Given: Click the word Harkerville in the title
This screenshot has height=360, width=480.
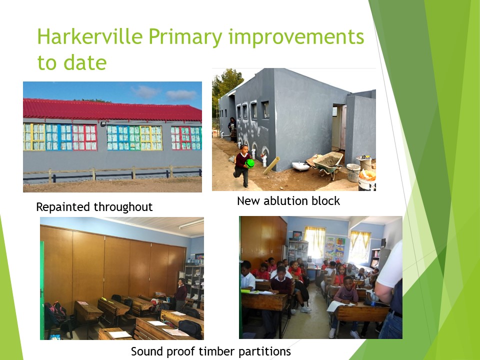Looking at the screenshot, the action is [x=90, y=36].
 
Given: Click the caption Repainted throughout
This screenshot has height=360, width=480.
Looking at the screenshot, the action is [x=94, y=207].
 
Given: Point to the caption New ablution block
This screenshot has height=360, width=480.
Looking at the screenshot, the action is [x=288, y=201].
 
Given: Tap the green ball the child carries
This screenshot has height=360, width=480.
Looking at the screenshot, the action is [x=250, y=163].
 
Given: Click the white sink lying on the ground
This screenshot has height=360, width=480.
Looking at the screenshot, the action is [x=300, y=166].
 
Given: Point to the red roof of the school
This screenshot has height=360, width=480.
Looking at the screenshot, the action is [x=112, y=110].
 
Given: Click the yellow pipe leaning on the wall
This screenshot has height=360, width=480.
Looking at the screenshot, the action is [x=271, y=165].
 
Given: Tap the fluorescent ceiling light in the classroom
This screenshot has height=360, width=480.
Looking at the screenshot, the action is [x=191, y=224].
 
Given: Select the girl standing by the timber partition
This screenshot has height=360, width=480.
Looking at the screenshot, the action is [x=180, y=294].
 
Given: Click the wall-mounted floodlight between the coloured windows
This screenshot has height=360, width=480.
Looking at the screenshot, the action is [x=103, y=123].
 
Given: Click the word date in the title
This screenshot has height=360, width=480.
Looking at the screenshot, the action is [x=85, y=62].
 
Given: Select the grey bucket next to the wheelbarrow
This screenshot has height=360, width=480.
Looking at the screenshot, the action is [x=353, y=173].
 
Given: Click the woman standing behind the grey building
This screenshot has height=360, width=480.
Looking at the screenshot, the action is [x=232, y=129].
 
